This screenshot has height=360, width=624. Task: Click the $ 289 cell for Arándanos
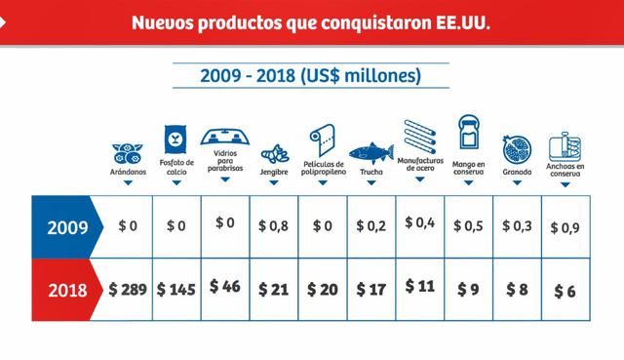tap(128, 290)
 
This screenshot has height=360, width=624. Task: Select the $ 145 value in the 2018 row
tap(175, 290)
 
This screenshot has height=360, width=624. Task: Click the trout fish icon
tap(371, 152)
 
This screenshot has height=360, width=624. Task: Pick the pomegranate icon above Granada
tap(517, 149)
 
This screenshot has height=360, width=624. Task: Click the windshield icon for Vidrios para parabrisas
tap(225, 136)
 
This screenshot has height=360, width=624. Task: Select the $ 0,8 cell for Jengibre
tap(275, 226)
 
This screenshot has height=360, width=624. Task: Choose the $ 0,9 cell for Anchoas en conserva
tap(567, 228)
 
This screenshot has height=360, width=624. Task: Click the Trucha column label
tap(371, 173)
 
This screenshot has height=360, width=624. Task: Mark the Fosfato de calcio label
tap(176, 168)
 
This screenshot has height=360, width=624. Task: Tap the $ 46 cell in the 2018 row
tap(225, 289)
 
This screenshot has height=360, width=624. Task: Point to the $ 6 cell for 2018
tap(566, 291)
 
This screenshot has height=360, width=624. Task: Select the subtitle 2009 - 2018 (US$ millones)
tap(311, 75)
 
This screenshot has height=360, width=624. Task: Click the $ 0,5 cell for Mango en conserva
tap(469, 226)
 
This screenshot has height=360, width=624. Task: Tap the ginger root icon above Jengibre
tap(273, 154)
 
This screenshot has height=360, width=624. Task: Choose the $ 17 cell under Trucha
tap(371, 290)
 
